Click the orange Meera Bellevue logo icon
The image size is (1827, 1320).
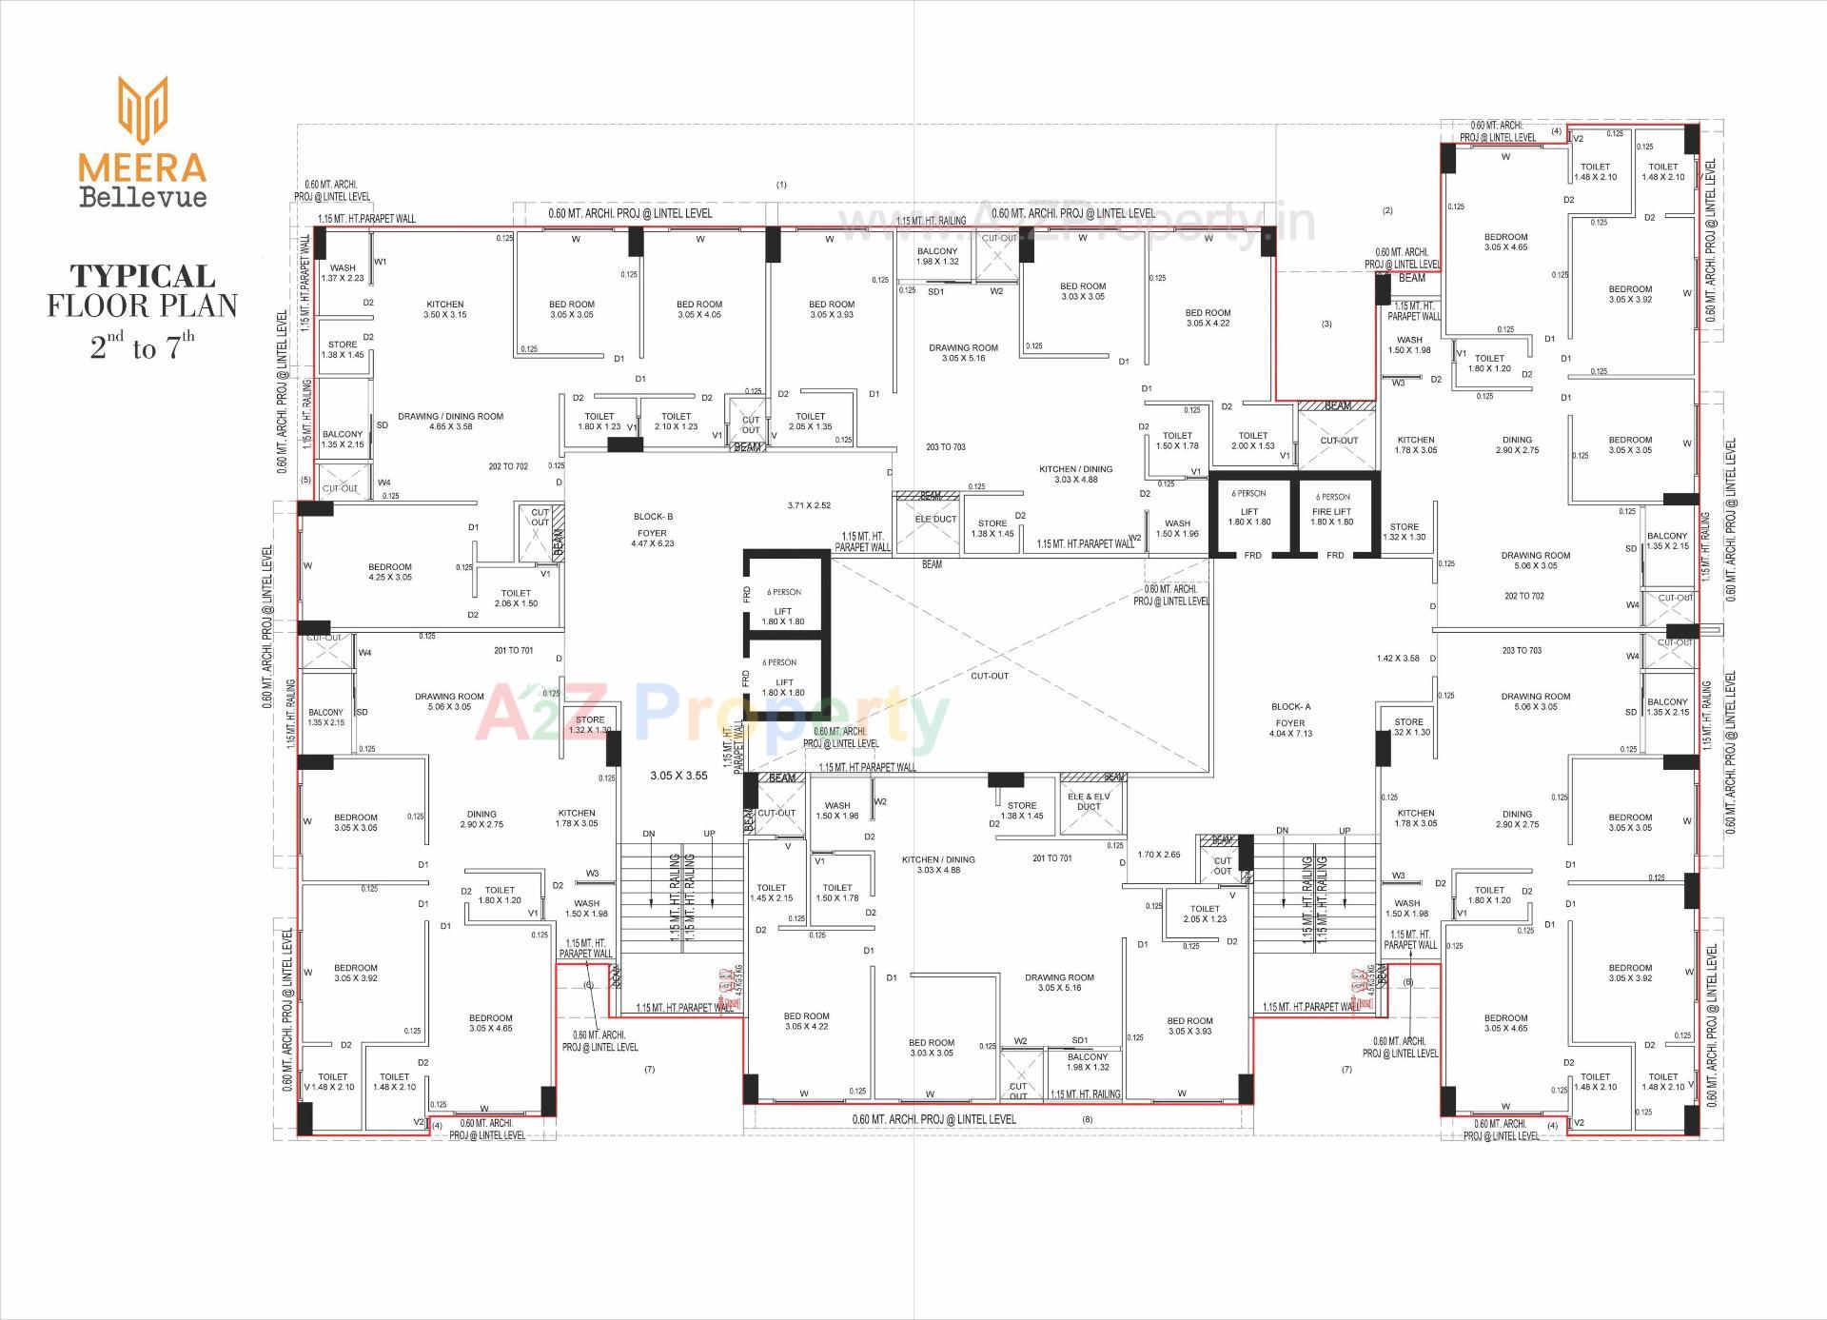point(143,108)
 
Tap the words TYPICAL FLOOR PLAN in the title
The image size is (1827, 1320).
point(143,291)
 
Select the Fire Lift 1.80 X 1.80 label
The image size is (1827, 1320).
point(1332,517)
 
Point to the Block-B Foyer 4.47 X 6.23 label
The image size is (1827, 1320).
point(653,532)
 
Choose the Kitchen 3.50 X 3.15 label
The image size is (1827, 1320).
point(445,309)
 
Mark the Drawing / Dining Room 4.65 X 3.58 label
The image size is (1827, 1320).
point(450,422)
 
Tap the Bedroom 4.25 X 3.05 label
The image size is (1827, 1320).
point(390,572)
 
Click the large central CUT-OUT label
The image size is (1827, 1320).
point(990,676)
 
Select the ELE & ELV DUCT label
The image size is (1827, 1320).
point(1089,801)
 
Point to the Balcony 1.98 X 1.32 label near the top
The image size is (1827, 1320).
point(937,256)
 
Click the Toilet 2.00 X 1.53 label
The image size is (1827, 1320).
point(1253,441)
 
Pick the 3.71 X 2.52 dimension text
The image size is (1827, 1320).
point(809,505)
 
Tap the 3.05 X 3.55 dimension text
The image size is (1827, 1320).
point(678,776)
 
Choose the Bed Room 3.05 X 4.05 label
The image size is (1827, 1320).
point(699,309)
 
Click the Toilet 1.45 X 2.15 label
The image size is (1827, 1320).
point(771,893)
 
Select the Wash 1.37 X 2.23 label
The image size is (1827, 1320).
point(343,273)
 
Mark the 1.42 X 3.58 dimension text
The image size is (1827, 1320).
point(1398,658)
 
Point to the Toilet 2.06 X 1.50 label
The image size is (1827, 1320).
point(516,599)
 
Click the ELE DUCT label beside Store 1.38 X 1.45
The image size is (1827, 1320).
point(935,519)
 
